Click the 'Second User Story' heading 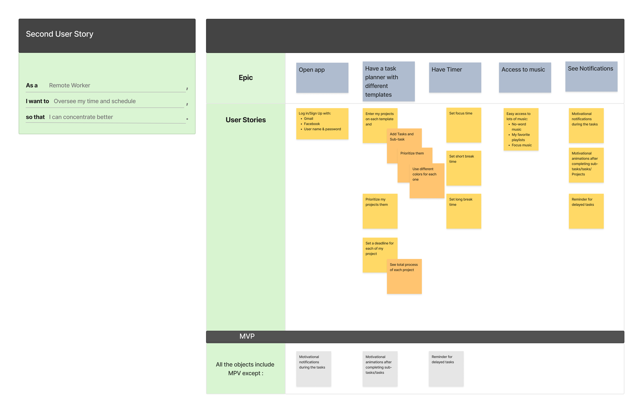coord(59,34)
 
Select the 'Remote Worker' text coord(69,85)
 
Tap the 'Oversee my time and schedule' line coord(95,101)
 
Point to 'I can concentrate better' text coord(81,117)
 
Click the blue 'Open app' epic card coord(322,78)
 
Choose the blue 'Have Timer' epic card coord(455,78)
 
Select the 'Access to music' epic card coord(524,78)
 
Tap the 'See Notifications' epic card coord(591,77)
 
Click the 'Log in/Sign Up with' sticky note coord(322,124)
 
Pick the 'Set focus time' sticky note coord(463,125)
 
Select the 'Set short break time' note coord(463,168)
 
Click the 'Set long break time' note coord(463,211)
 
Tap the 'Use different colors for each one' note coord(427,181)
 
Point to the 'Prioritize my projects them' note coord(380,211)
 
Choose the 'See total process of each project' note coord(404,276)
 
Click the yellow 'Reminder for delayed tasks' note coord(586,211)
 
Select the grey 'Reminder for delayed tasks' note coord(446,368)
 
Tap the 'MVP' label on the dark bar coord(247,336)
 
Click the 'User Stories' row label coord(246,120)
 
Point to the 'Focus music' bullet coord(521,145)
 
